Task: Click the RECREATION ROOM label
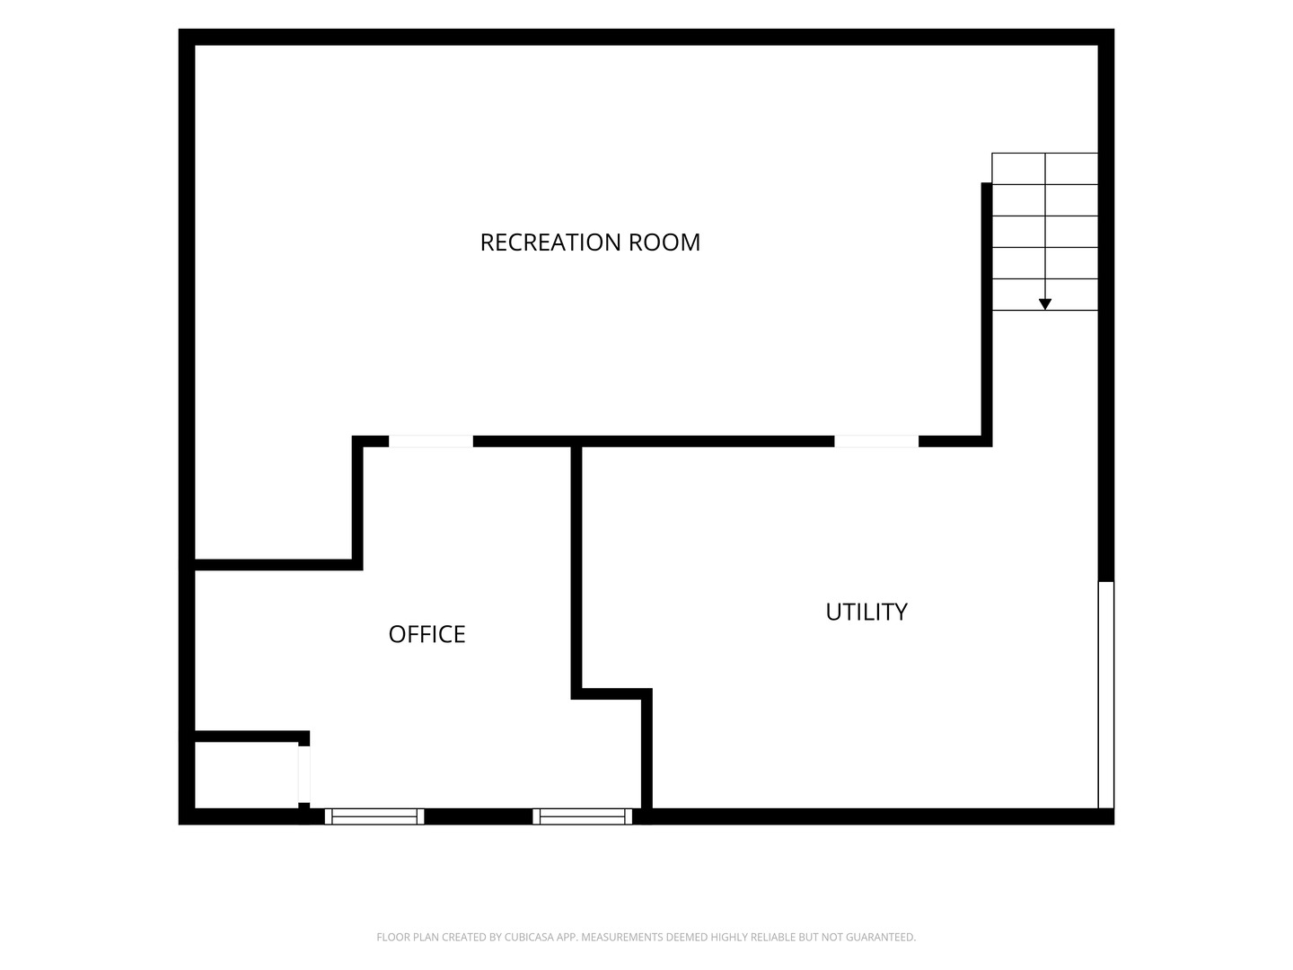tap(590, 242)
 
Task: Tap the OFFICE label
tap(427, 634)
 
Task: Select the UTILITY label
tap(866, 612)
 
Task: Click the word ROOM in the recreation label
tap(664, 242)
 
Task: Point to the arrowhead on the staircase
tap(1044, 304)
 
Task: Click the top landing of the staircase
tap(1044, 169)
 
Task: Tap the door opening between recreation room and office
tap(431, 442)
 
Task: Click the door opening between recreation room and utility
tap(876, 442)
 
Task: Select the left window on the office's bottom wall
tap(374, 816)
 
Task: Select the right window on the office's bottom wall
tap(582, 816)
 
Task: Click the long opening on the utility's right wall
tap(1105, 695)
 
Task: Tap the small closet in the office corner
tap(246, 775)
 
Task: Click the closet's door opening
tap(304, 774)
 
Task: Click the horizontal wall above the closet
tap(252, 736)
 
